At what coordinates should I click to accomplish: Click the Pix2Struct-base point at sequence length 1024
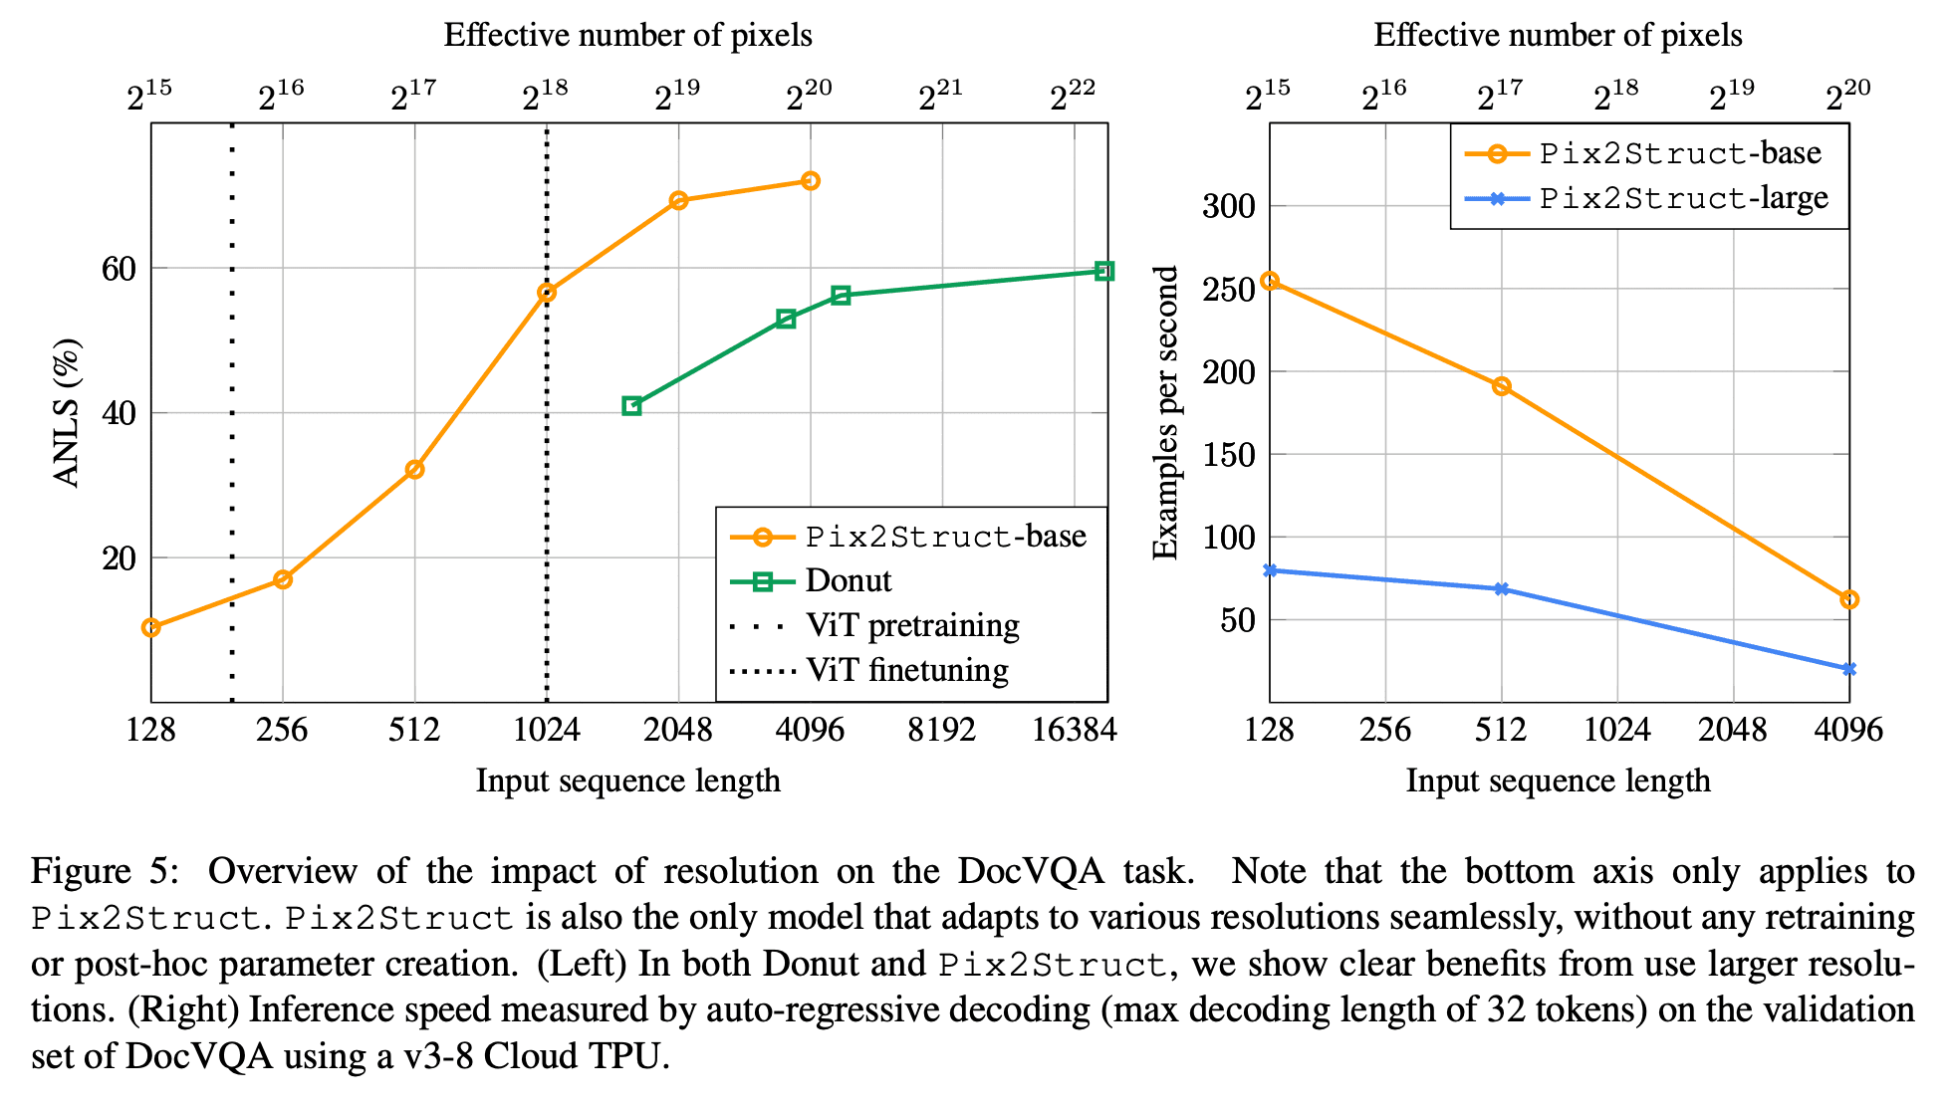click(x=547, y=293)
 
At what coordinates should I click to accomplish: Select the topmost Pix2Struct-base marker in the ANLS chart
click(x=811, y=181)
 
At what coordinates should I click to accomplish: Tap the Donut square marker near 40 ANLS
click(x=631, y=406)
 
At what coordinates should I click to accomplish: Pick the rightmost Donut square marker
click(x=1103, y=271)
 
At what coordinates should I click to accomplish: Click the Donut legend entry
click(x=812, y=580)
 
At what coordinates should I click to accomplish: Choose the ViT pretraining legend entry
click(x=875, y=625)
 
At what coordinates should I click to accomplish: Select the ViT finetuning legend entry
click(x=869, y=670)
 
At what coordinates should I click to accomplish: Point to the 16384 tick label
click(x=1075, y=730)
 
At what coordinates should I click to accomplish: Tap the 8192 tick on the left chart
click(x=942, y=730)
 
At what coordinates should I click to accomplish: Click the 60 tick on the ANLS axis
click(x=119, y=269)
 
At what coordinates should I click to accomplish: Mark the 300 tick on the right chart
click(x=1229, y=206)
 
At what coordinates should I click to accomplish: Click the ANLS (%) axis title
click(x=67, y=413)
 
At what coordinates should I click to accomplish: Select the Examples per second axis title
click(x=1165, y=413)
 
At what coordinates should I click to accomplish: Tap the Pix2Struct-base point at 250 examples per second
click(x=1270, y=281)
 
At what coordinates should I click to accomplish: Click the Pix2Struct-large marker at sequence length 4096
click(x=1849, y=669)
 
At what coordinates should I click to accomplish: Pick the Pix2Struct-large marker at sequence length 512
click(x=1502, y=589)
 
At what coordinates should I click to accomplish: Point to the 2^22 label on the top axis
click(x=1074, y=96)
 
